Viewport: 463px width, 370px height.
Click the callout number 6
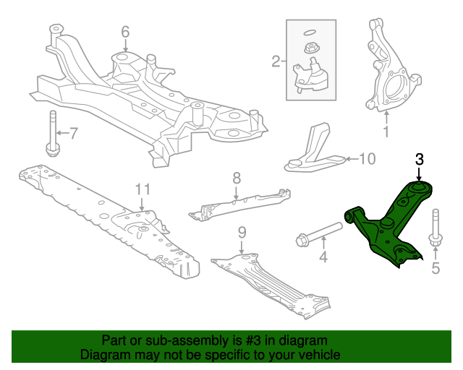coord(124,32)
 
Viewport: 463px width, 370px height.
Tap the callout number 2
coord(276,61)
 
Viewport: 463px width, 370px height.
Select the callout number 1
coord(386,132)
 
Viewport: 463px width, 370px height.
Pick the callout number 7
coord(72,132)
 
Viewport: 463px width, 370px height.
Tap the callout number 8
coord(236,177)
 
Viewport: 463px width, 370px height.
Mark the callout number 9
coord(242,232)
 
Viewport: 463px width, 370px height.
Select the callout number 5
coord(436,270)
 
